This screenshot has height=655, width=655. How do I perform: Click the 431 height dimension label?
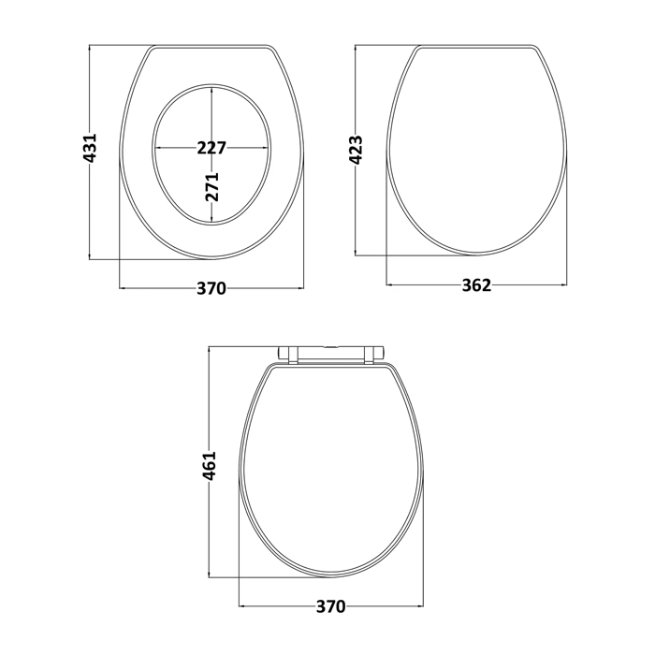[90, 148]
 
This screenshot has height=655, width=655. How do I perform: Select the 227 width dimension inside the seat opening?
[211, 148]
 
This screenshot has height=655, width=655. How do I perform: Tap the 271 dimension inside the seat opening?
[211, 186]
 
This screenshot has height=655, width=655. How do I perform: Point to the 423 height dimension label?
[356, 150]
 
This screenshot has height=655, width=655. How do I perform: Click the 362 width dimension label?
[476, 285]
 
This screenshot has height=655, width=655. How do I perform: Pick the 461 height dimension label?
[210, 465]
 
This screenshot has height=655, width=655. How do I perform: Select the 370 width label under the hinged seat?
[331, 606]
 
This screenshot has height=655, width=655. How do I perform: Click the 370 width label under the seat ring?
[211, 288]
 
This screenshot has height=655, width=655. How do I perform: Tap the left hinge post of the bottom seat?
[293, 355]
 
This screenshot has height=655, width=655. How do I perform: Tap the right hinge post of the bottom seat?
[369, 355]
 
